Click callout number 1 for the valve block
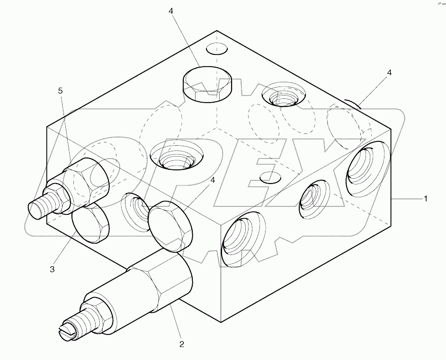(x=425, y=199)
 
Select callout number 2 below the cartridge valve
(x=181, y=344)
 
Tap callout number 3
(x=52, y=269)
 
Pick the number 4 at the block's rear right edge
(x=389, y=72)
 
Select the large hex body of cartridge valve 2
(x=161, y=284)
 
